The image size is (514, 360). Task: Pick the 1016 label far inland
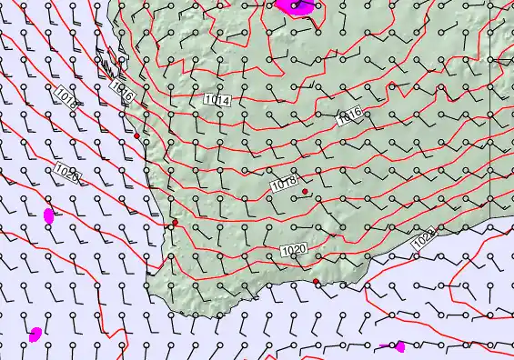pyautogui.click(x=348, y=115)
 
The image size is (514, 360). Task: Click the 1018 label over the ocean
pyautogui.click(x=65, y=98)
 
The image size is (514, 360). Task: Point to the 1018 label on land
pyautogui.click(x=284, y=184)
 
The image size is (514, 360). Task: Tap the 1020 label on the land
pyautogui.click(x=293, y=250)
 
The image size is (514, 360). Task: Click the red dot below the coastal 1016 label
pyautogui.click(x=136, y=135)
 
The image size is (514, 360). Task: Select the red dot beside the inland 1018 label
pyautogui.click(x=305, y=192)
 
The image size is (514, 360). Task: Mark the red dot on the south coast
pyautogui.click(x=316, y=282)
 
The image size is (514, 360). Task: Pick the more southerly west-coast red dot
pyautogui.click(x=175, y=222)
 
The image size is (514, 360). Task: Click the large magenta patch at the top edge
pyautogui.click(x=297, y=5)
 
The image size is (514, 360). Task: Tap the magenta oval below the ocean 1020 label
pyautogui.click(x=49, y=215)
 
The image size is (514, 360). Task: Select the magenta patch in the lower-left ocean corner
pyautogui.click(x=35, y=335)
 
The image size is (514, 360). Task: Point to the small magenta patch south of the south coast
pyautogui.click(x=399, y=346)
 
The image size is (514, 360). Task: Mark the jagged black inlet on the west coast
pyautogui.click(x=108, y=66)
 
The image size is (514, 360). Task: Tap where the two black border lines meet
pyautogui.click(x=489, y=60)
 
